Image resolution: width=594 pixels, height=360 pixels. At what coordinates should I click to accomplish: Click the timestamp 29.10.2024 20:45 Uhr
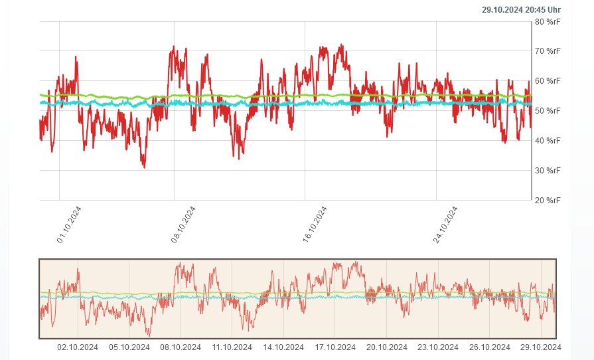pyautogui.click(x=521, y=9)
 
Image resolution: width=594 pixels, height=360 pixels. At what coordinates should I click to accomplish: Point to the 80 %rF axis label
pyautogui.click(x=548, y=22)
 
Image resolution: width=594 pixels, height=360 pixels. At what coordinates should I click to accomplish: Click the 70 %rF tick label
pyautogui.click(x=548, y=51)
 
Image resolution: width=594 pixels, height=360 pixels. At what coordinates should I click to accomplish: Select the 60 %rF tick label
pyautogui.click(x=548, y=81)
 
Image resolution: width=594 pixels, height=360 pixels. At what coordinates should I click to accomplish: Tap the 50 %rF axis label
pyautogui.click(x=548, y=111)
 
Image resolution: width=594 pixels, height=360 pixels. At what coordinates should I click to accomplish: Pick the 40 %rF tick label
pyautogui.click(x=548, y=140)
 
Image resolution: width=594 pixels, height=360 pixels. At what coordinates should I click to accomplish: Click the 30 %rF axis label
pyautogui.click(x=548, y=170)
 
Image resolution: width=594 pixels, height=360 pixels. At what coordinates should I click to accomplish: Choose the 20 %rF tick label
pyautogui.click(x=548, y=200)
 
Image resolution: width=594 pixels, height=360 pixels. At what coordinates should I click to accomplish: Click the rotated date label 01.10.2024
pyautogui.click(x=70, y=225)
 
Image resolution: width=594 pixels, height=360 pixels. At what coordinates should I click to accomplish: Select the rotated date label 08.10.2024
pyautogui.click(x=184, y=225)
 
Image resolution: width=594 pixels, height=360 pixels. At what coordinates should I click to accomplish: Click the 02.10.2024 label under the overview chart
pyautogui.click(x=78, y=347)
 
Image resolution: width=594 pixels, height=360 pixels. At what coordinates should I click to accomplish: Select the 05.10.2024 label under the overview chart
pyautogui.click(x=129, y=347)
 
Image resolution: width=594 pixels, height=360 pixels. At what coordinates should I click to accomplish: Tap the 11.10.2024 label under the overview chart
pyautogui.click(x=232, y=347)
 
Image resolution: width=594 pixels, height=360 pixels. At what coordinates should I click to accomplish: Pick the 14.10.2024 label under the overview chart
pyautogui.click(x=283, y=347)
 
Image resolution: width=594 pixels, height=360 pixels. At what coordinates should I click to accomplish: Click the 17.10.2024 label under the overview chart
pyautogui.click(x=335, y=347)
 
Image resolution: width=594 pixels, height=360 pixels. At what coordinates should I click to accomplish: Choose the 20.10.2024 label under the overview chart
pyautogui.click(x=386, y=347)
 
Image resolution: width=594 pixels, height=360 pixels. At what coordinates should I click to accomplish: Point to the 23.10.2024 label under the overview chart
pyautogui.click(x=438, y=347)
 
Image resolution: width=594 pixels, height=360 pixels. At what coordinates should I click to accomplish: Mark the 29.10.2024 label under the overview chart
pyautogui.click(x=541, y=347)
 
